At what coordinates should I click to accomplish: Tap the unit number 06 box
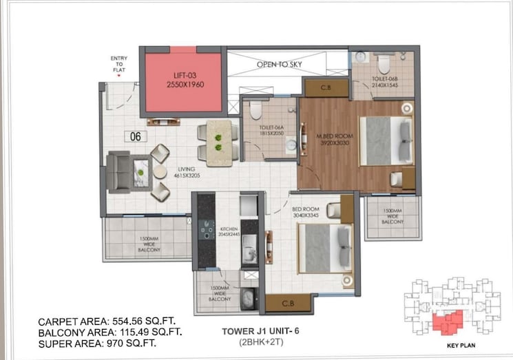click(135, 136)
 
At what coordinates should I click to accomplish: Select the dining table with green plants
click(219, 139)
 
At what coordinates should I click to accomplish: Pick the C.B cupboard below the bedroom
click(289, 302)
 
